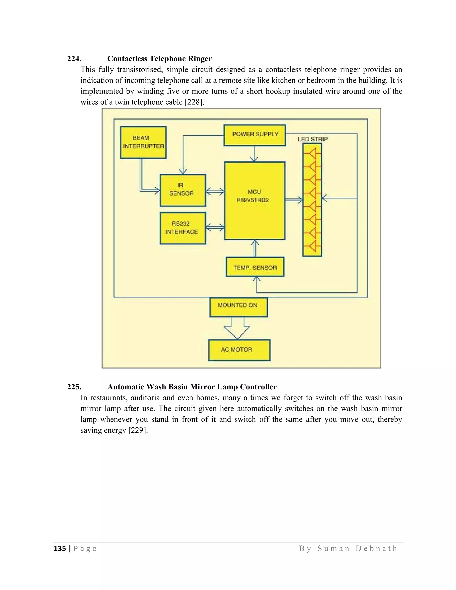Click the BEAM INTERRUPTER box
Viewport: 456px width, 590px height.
[x=143, y=142]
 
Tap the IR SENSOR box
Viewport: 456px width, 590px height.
[x=183, y=190]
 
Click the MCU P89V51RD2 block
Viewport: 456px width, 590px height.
[x=254, y=200]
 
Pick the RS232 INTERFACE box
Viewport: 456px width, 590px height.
[x=183, y=228]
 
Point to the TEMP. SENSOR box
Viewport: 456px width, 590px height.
[x=255, y=267]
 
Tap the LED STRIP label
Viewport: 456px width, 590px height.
[x=313, y=139]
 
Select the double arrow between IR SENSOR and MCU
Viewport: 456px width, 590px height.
[x=215, y=191]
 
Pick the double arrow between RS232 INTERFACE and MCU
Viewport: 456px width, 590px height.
[x=215, y=228]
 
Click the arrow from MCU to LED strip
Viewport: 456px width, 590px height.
[x=294, y=200]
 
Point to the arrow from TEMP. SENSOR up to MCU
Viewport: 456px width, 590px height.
[x=255, y=248]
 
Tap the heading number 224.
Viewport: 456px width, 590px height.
[x=74, y=59]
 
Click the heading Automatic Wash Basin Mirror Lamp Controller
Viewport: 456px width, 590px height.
[x=192, y=387]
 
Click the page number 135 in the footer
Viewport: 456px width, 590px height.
[x=60, y=548]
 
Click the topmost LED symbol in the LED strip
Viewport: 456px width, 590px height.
[x=312, y=154]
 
